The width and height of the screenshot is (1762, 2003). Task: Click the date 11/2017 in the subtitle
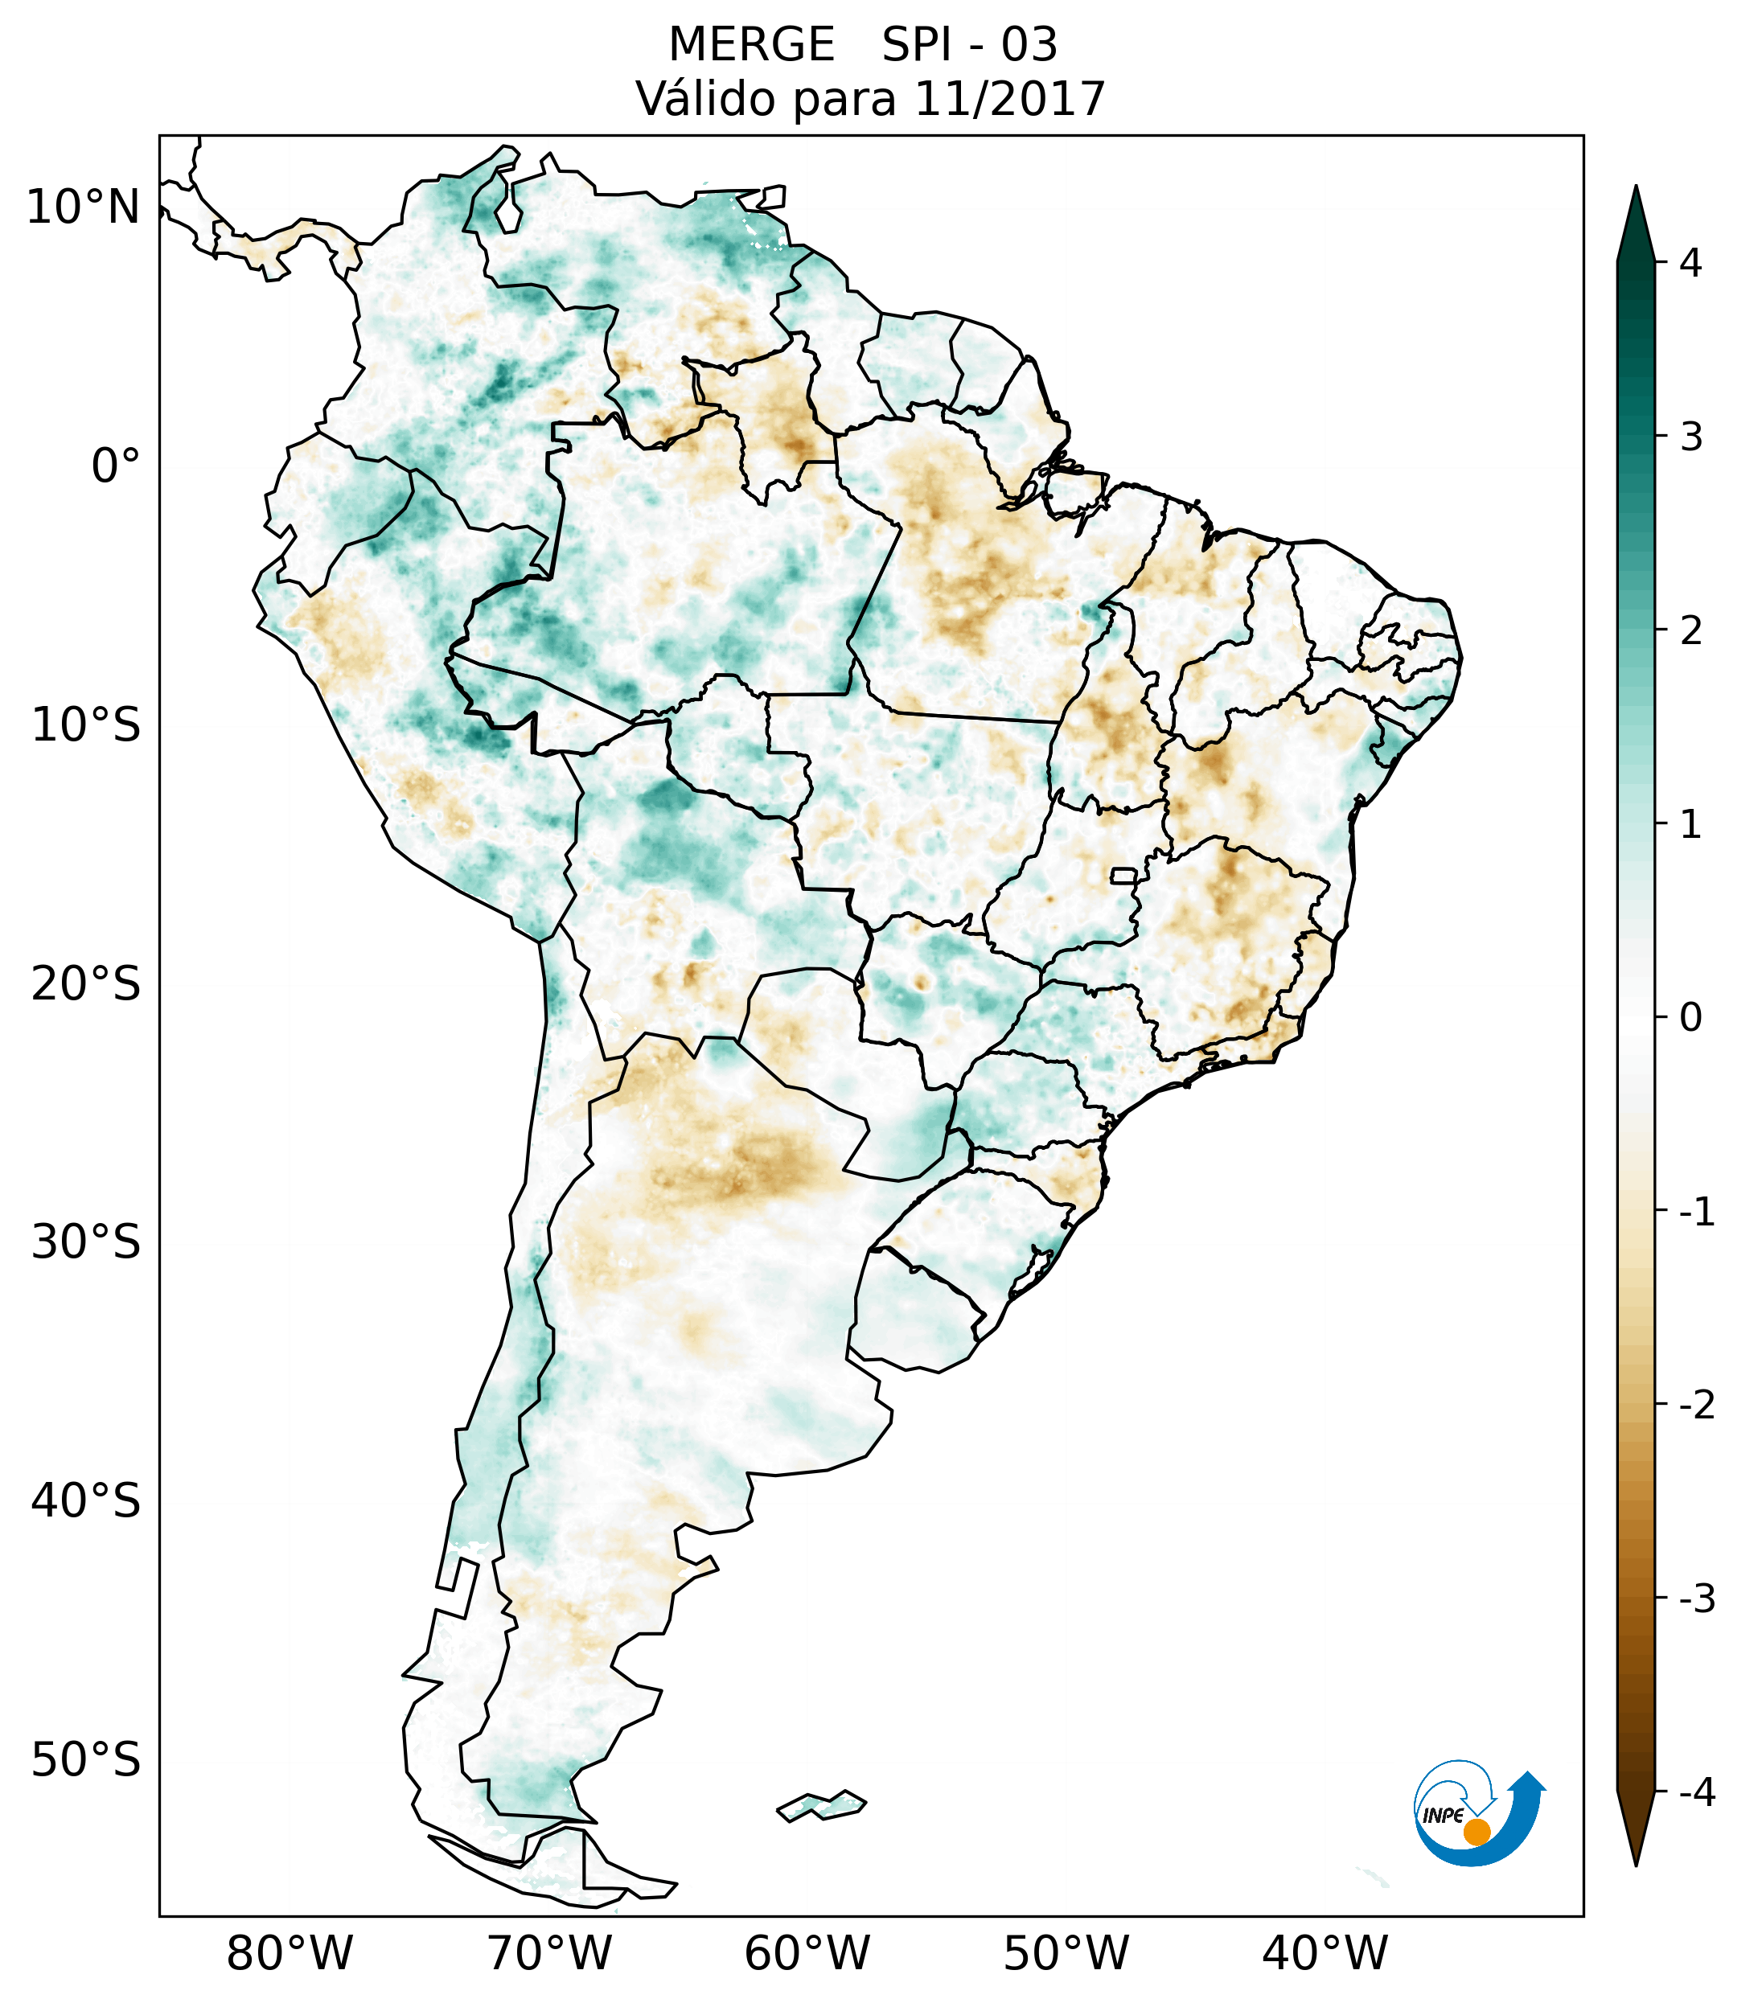pyautogui.click(x=1009, y=99)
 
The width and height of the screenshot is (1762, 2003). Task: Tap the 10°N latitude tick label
pyautogui.click(x=84, y=207)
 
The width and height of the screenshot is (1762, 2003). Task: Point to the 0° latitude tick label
pyautogui.click(x=115, y=466)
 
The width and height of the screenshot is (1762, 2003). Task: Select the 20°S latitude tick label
pyautogui.click(x=86, y=984)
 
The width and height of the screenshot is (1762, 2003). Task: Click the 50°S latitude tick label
pyautogui.click(x=86, y=1761)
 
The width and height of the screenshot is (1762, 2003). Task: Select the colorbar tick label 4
pyautogui.click(x=1690, y=263)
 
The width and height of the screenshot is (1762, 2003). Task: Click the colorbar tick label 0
pyautogui.click(x=1690, y=1018)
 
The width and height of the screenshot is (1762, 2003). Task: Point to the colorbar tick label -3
pyautogui.click(x=1696, y=1599)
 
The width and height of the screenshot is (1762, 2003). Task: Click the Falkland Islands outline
pyautogui.click(x=821, y=1804)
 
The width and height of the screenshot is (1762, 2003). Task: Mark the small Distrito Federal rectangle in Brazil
pyautogui.click(x=1124, y=875)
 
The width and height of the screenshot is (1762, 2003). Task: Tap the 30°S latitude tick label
pyautogui.click(x=86, y=1242)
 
